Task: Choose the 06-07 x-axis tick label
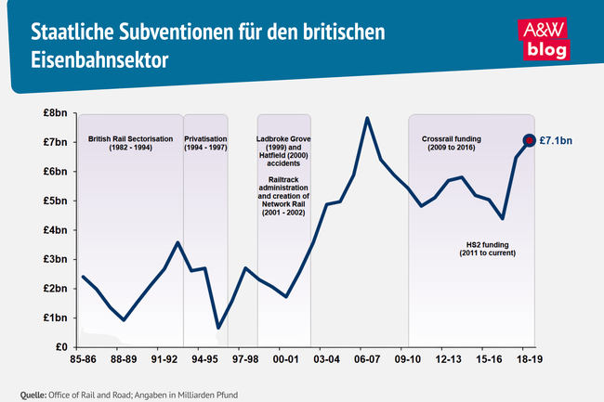(x=367, y=357)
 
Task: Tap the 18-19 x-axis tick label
(x=530, y=357)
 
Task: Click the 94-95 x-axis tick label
(x=205, y=357)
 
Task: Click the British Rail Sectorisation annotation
(x=131, y=143)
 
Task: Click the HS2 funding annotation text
(x=489, y=248)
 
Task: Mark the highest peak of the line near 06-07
(x=367, y=118)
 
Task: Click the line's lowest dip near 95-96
(x=218, y=328)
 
